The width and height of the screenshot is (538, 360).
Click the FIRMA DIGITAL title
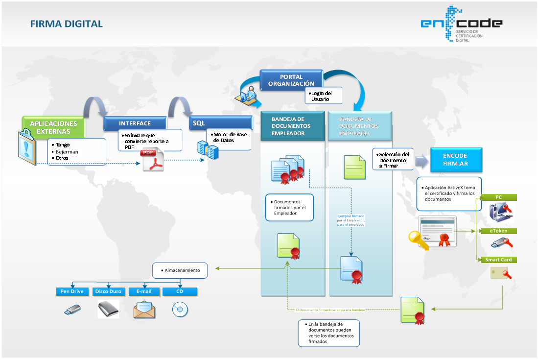point(67,24)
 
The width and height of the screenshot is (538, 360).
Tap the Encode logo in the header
point(461,24)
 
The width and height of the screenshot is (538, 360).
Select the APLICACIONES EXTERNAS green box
point(54,127)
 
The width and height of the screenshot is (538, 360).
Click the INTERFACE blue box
point(135,123)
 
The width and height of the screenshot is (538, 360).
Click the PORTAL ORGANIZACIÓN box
point(291,80)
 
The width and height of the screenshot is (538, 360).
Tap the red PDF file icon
point(153,161)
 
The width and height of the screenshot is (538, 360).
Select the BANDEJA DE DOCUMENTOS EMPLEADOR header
point(292,126)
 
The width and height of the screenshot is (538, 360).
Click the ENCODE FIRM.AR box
point(455,160)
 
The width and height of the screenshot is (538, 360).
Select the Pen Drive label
point(72,291)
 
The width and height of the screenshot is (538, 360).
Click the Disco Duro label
point(108,291)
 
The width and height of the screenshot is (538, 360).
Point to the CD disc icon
point(180,310)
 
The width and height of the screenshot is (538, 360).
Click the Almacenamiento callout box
point(180,270)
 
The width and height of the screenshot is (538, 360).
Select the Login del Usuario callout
point(323,96)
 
